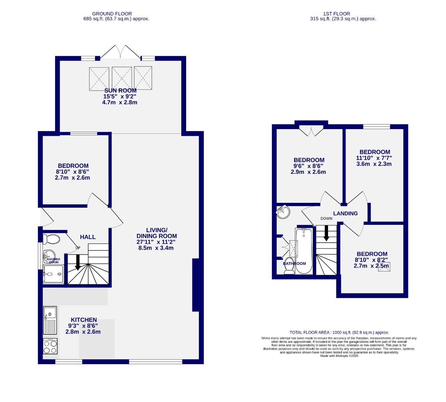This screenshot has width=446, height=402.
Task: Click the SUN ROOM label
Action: pos(120,90)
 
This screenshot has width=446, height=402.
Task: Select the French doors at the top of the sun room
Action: pos(120,52)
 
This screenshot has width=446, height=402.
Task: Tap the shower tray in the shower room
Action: pos(53,274)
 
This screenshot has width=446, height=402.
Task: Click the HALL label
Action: pos(88,237)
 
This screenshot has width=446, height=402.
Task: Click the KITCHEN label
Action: pos(84,320)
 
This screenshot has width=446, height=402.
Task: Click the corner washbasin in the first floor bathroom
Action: pos(283,213)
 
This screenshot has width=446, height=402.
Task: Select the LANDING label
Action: pos(345,213)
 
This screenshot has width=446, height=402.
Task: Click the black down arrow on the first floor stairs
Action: pos(326,233)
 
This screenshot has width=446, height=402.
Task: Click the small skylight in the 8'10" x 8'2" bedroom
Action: pos(384,267)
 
